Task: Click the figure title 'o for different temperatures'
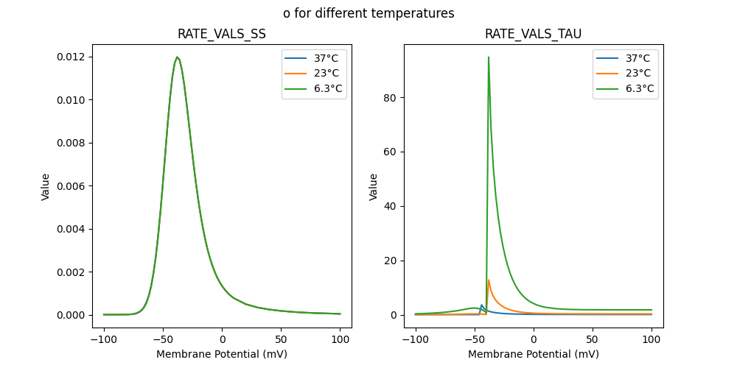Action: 368,13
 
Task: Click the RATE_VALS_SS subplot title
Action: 222,34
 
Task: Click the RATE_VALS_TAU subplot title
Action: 533,34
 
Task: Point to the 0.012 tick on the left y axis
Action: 72,57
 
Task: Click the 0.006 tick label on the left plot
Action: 72,186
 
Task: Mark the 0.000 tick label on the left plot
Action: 72,315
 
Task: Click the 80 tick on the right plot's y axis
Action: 391,97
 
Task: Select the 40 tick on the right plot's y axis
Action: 391,206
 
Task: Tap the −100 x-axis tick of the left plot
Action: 104,340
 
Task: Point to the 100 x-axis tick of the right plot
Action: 652,340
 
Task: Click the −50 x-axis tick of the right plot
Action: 475,340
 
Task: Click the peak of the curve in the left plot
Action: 177,57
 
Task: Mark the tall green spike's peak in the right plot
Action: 488,57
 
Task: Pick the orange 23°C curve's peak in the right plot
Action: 488,280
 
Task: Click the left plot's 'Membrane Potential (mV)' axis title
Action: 222,354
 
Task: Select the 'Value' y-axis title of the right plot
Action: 374,186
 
